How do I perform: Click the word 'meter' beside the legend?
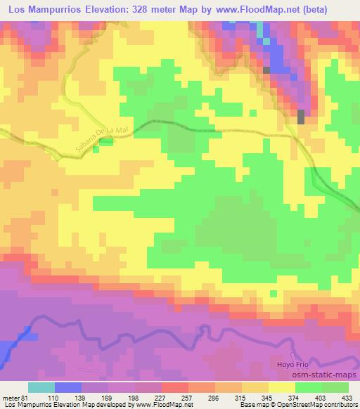click(10, 397)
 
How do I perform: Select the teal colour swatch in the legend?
click(41, 387)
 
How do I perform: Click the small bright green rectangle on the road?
click(105, 142)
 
